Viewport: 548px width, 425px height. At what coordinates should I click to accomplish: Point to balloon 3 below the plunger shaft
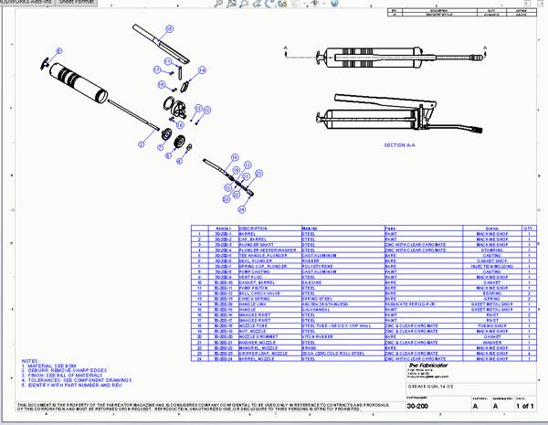tap(142, 143)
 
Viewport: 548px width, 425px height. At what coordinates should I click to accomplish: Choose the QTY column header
tap(528, 228)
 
